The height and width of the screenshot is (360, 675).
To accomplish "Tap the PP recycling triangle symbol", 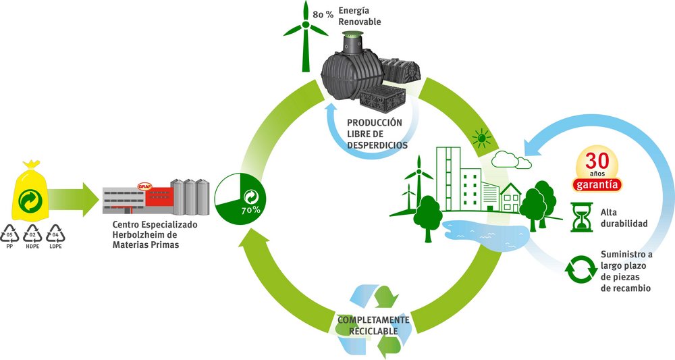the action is point(9,234).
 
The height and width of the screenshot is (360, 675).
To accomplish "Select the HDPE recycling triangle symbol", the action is point(32,234).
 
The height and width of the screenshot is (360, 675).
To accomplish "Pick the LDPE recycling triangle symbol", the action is point(55,234).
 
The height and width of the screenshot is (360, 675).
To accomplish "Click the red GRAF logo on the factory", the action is point(145,186).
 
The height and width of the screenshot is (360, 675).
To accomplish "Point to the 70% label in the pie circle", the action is point(250,211).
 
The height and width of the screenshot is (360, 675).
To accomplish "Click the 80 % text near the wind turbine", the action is point(323,15).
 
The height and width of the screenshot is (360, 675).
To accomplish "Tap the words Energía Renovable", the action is point(360,16).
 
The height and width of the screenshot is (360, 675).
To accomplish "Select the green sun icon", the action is point(482,138).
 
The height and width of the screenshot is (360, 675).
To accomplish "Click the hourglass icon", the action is point(582,217).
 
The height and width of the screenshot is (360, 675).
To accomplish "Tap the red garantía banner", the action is point(597,185).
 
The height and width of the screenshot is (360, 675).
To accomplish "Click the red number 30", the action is point(597,161).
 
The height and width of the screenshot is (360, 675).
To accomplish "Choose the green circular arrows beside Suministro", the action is point(580,270).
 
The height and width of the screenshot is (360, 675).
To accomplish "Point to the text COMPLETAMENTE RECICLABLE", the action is point(373,326).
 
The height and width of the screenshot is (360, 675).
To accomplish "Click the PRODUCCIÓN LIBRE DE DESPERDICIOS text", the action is point(377,134).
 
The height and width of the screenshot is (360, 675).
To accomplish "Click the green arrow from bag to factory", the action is point(73,199).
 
